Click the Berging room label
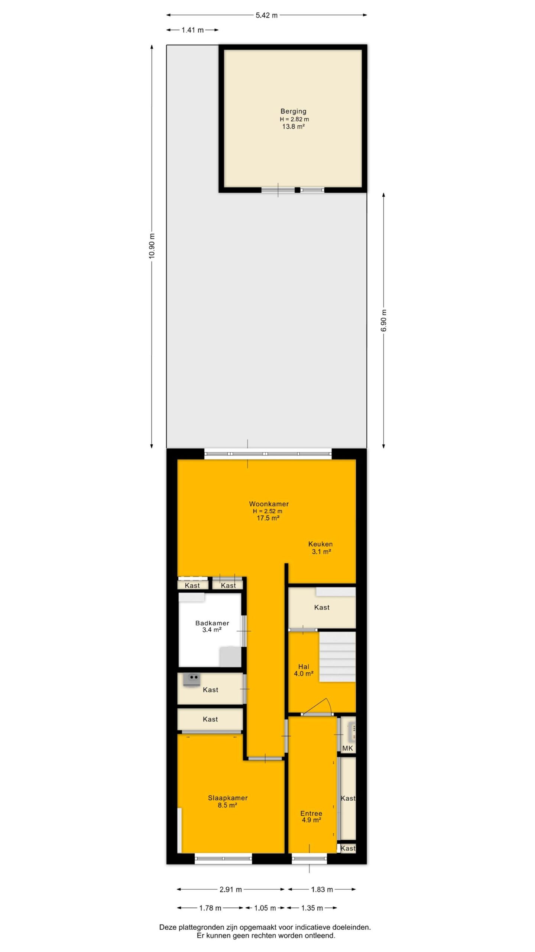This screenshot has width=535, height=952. [294, 111]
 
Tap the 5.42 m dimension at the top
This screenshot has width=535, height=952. [266, 15]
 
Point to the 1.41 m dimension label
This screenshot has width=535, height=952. [192, 30]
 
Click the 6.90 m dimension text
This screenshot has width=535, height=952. [384, 320]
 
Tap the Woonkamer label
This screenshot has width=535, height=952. [269, 504]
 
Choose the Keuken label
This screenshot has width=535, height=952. [321, 544]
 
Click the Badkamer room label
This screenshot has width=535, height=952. [212, 623]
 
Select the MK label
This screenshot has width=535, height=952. [348, 748]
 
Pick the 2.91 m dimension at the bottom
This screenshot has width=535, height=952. [231, 890]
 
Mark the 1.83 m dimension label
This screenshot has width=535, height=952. [322, 890]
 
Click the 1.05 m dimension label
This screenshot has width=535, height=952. [265, 908]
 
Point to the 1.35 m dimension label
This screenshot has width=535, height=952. [312, 908]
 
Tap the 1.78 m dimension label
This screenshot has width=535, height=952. [210, 908]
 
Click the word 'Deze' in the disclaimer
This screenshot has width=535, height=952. [167, 927]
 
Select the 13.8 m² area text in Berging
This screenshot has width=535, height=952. [294, 126]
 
